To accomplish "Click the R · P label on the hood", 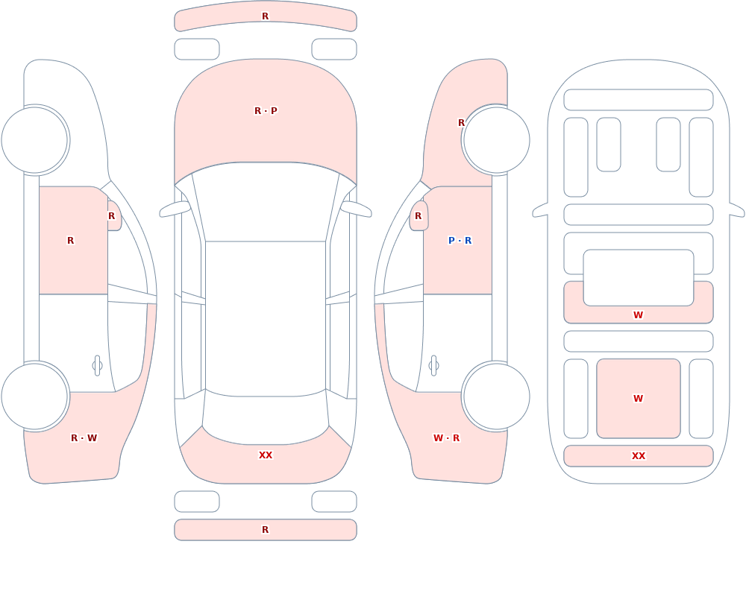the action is point(266,111).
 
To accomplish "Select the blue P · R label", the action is point(460,241).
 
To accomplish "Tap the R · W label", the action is point(84,438).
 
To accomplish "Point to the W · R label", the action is point(446,438).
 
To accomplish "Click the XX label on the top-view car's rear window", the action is point(266,455).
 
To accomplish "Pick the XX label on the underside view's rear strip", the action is point(639,456).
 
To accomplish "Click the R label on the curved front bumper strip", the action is point(266,16).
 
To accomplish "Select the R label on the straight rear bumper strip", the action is point(266,530).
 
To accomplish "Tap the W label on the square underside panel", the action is point(639,399).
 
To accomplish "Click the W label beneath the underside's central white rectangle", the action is point(639,315).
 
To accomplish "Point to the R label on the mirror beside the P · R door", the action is point(419,216).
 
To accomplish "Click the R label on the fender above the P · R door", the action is point(461,123).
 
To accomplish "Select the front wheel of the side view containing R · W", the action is point(35,140).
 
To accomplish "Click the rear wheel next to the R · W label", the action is point(35,396).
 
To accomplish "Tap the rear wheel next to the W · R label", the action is point(496,396).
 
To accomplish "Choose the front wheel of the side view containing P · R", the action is point(496,140).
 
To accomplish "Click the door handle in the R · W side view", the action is point(97,366).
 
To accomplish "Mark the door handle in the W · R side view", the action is point(433,366).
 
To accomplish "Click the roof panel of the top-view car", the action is point(266,318).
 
